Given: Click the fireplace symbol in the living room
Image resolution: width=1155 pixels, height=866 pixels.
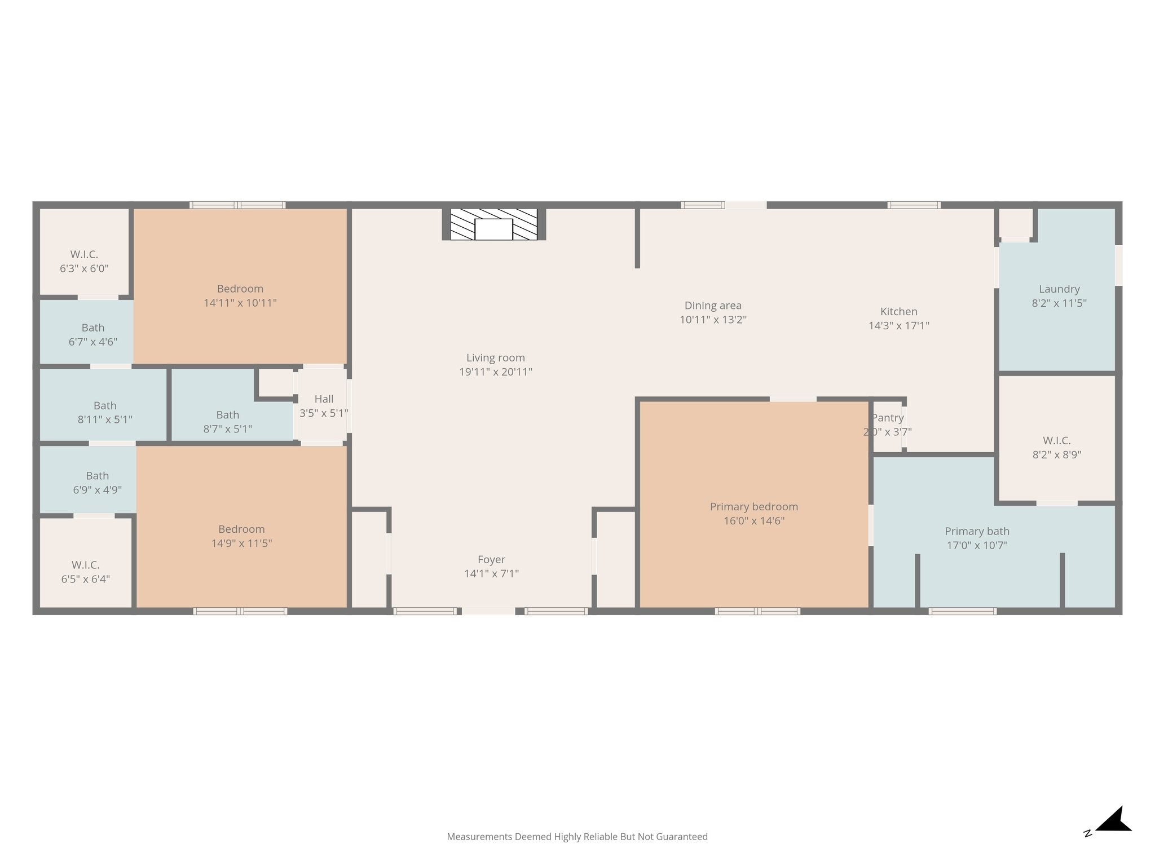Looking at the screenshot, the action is pyautogui.click(x=493, y=224).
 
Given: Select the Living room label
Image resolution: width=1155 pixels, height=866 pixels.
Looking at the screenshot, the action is pyautogui.click(x=496, y=358).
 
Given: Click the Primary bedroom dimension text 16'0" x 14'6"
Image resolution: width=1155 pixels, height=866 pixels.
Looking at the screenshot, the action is pyautogui.click(x=754, y=521).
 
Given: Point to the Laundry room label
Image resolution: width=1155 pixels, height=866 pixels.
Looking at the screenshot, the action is pyautogui.click(x=1059, y=289).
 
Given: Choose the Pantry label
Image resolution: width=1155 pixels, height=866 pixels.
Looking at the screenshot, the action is pyautogui.click(x=888, y=418).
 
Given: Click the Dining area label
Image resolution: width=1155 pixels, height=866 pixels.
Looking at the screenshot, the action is pyautogui.click(x=713, y=306).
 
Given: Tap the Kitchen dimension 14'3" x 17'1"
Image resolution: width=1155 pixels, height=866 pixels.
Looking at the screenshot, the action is pyautogui.click(x=899, y=325).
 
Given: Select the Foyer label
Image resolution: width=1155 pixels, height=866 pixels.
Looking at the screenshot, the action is pyautogui.click(x=491, y=560).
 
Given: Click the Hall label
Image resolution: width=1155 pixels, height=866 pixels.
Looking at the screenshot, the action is pyautogui.click(x=324, y=399).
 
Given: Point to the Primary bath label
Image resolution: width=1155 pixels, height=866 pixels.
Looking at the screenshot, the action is pyautogui.click(x=977, y=532).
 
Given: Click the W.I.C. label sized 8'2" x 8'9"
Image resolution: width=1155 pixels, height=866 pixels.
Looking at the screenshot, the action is pyautogui.click(x=1057, y=441).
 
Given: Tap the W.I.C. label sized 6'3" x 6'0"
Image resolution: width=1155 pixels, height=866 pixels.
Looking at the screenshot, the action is pyautogui.click(x=84, y=255).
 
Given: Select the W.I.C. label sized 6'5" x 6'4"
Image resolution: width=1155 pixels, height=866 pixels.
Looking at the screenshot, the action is pyautogui.click(x=85, y=565).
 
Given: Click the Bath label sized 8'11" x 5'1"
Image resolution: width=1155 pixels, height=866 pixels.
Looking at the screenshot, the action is pyautogui.click(x=105, y=406).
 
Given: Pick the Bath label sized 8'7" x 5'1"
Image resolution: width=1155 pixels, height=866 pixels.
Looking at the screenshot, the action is pyautogui.click(x=227, y=415).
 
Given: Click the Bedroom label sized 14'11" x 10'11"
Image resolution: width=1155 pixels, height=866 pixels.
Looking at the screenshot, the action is pyautogui.click(x=240, y=289).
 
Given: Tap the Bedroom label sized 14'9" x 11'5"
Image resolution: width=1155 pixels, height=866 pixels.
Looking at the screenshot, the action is pyautogui.click(x=241, y=529).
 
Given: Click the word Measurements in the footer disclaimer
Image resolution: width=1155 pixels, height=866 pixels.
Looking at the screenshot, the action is pyautogui.click(x=479, y=837).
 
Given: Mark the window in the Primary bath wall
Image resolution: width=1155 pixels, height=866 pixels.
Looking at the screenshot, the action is pyautogui.click(x=962, y=611).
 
